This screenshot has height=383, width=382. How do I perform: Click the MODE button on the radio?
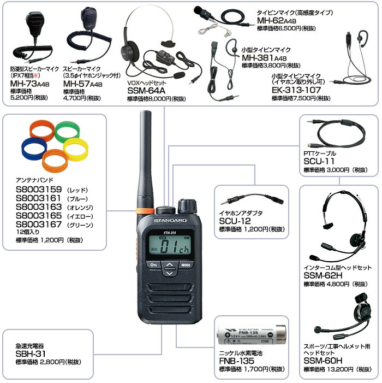pos(186,265)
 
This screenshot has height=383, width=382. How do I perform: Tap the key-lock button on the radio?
pos(154,265)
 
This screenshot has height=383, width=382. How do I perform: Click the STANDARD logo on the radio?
pos(170,220)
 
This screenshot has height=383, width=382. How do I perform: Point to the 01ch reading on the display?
pos(175,247)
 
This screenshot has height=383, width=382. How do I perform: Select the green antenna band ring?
pos(67,131)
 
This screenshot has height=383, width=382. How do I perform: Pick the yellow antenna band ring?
pos(75,149)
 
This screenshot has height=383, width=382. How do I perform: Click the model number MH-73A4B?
pos(30,84)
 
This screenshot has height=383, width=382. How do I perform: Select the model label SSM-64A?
pos(146,91)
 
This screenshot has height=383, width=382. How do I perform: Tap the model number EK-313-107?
pos(296,90)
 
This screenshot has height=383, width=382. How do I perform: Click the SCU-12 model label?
pos(235,221)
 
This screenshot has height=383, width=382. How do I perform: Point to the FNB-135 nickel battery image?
pos(252,334)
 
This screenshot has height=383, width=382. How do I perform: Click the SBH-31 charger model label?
pos(31,353)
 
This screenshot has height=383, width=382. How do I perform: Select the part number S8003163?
pos(39,207)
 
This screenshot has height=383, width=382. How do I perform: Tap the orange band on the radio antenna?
pos(145,210)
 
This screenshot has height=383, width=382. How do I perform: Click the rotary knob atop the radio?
pos(187,205)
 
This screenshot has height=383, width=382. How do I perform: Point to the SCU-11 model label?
pos(319,161)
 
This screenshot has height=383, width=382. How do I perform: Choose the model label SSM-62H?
pos(323,275)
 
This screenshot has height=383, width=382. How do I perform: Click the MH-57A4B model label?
pos(83,84)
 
